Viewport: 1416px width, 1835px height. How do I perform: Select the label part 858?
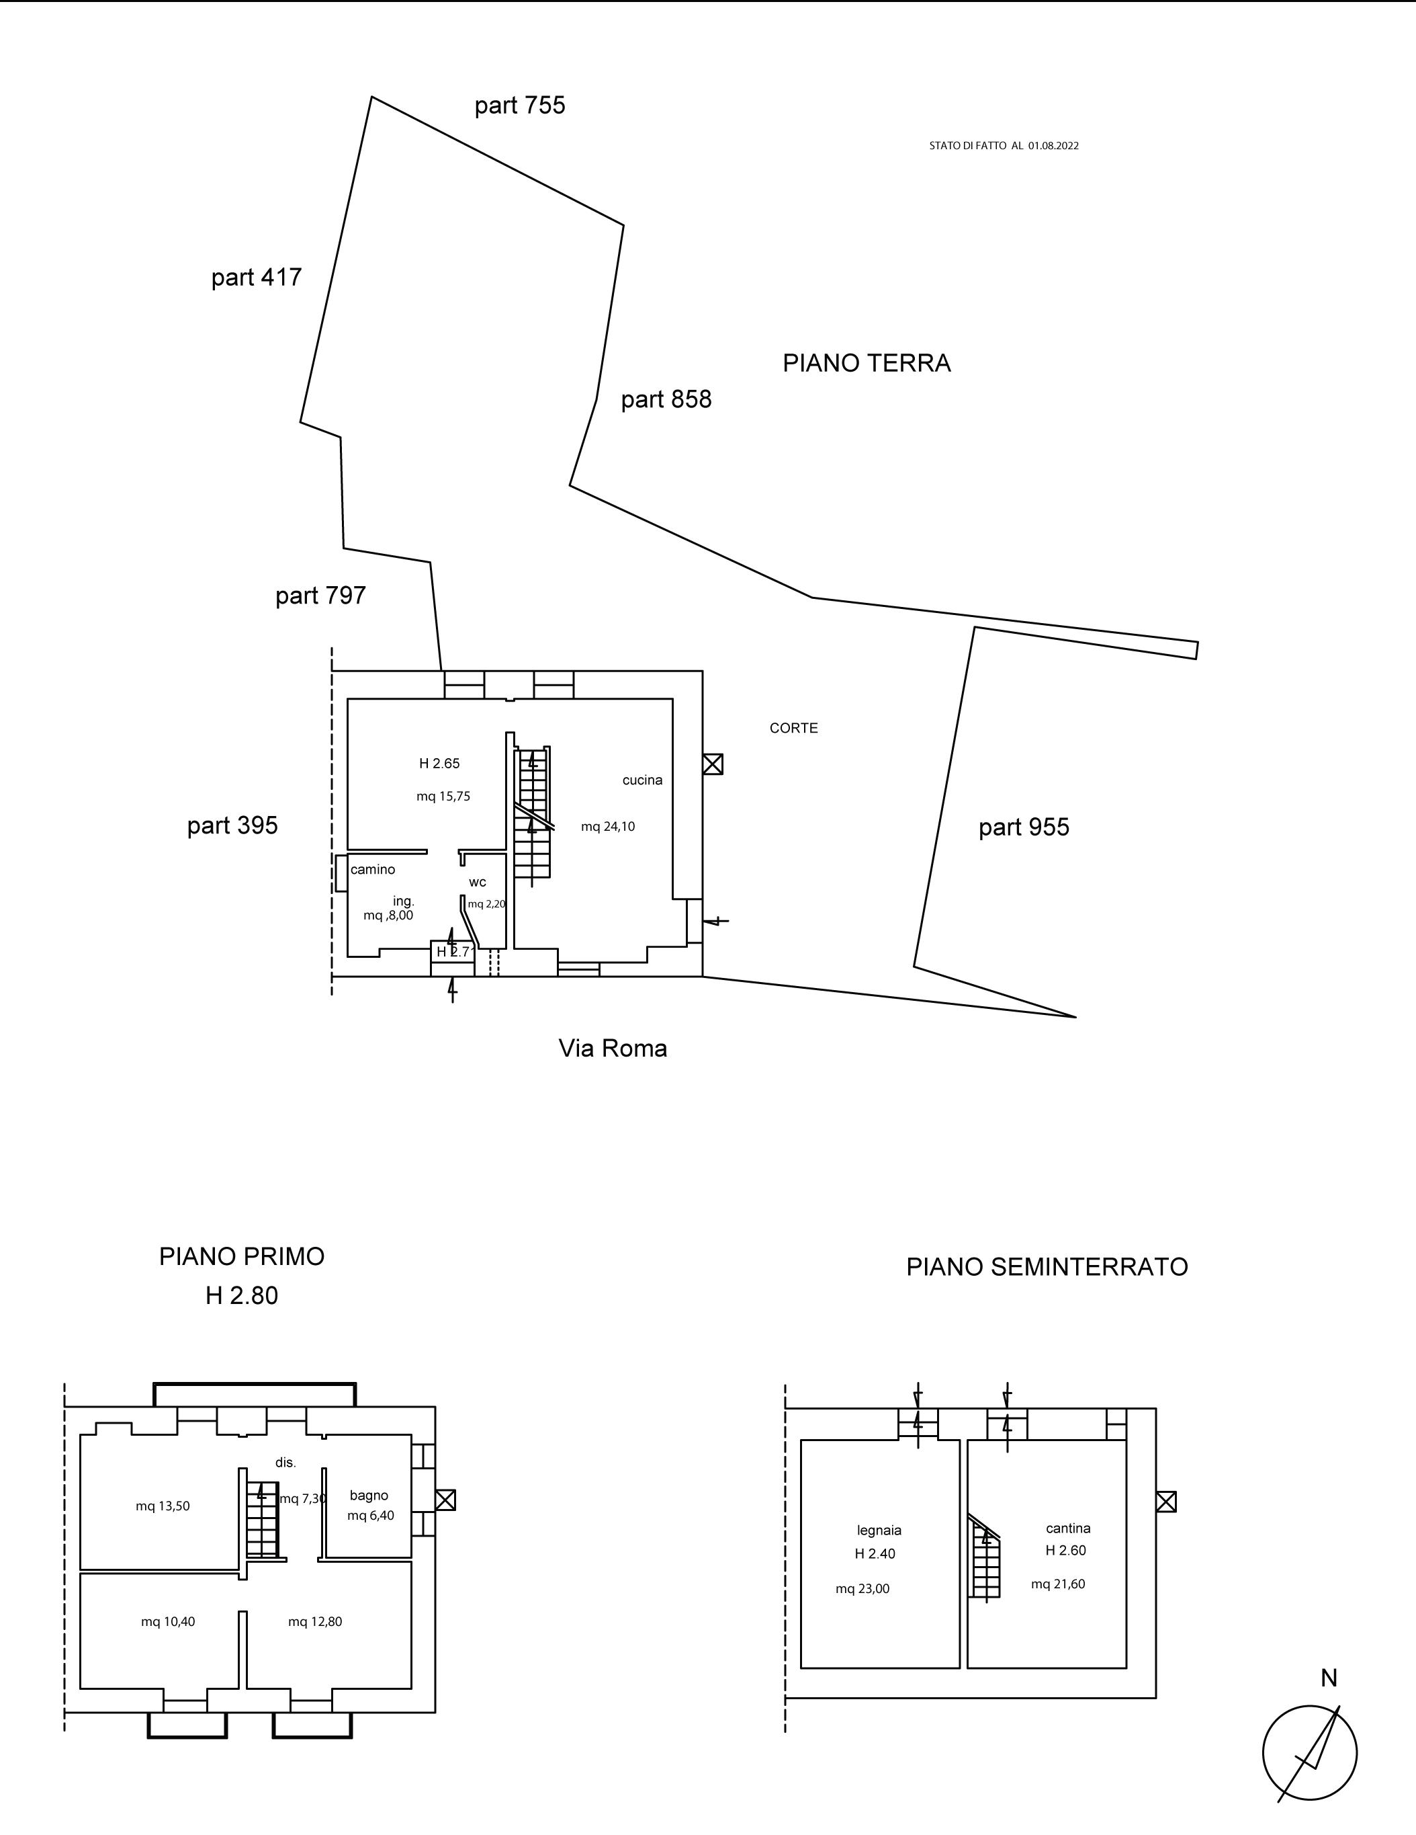[666, 399]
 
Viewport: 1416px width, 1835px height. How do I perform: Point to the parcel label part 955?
[1024, 827]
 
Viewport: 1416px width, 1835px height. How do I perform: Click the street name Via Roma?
[612, 1049]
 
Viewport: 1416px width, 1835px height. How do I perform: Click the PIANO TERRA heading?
[866, 363]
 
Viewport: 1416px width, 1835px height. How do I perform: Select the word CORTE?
[794, 729]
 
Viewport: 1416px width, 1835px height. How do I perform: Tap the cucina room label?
[642, 780]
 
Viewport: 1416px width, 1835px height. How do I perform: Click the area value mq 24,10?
[608, 827]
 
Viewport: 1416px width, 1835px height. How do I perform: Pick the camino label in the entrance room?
[372, 870]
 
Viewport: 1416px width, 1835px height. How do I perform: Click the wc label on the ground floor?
[477, 882]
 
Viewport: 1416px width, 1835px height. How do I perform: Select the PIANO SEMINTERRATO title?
[1047, 1267]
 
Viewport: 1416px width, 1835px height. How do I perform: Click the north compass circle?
[1309, 1753]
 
